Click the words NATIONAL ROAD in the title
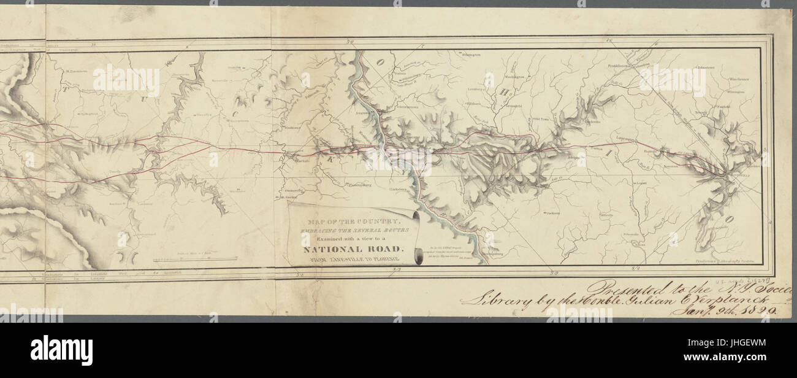tap(353, 249)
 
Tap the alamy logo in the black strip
tap(61, 350)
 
